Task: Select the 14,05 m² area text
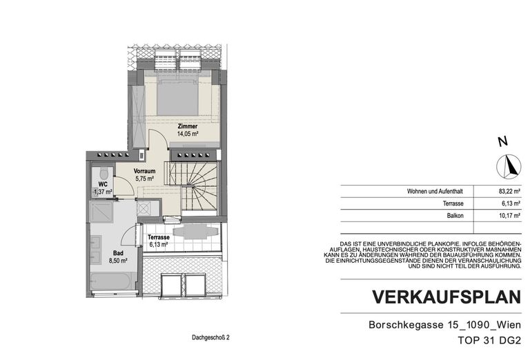[188, 135]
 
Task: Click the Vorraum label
[144, 171]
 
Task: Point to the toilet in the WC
[104, 173]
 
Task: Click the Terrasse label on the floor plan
[159, 237]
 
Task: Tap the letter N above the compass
[503, 142]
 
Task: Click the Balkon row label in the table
[454, 217]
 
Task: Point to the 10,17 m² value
[508, 217]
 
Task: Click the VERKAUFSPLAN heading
[446, 297]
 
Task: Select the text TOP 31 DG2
[488, 340]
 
